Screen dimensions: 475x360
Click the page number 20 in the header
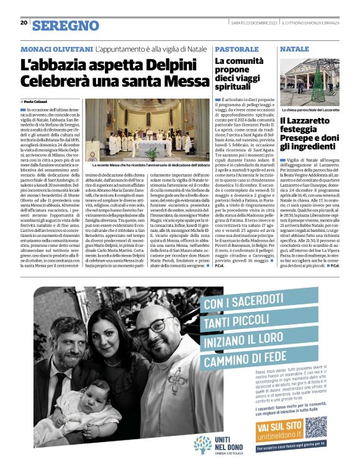24,23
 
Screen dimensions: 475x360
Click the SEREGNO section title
65,25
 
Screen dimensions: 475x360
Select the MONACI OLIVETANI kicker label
56,48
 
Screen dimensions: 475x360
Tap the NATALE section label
294,48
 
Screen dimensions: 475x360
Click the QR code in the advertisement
315,427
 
